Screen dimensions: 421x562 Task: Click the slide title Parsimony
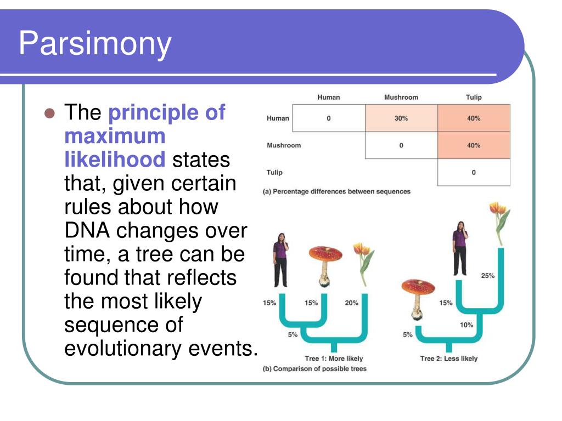coord(95,44)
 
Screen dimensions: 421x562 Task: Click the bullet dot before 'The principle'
coord(50,114)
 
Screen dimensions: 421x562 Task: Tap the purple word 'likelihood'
coord(115,160)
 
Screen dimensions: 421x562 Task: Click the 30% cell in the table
coord(401,118)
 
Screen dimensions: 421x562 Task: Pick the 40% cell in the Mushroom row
coord(474,145)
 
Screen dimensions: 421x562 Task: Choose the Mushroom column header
coord(401,98)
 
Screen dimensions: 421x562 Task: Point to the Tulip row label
coord(274,172)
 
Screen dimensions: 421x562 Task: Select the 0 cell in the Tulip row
coord(474,172)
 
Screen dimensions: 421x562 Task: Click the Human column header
coord(328,98)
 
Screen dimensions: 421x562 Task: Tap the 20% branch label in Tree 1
coord(351,303)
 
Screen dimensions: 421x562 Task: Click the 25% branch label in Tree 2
coord(487,276)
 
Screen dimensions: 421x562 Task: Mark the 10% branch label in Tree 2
coord(466,325)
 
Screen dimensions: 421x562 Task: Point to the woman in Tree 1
coord(280,259)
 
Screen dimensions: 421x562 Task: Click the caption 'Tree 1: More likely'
coord(334,359)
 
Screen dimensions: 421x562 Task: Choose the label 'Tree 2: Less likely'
coord(448,359)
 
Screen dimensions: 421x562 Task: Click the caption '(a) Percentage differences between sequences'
coord(336,192)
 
